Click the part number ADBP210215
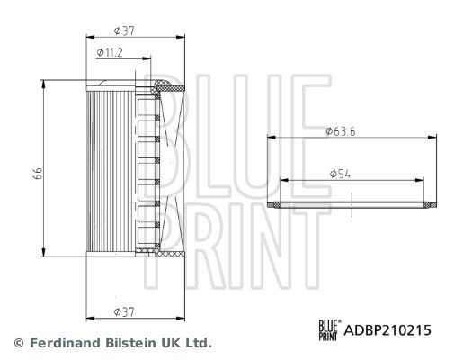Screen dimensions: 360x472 [x=389, y=330]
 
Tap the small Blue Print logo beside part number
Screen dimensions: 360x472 [x=329, y=330]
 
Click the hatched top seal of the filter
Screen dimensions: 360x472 [x=166, y=88]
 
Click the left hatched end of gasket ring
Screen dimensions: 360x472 [x=274, y=204]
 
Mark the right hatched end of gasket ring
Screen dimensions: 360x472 [x=427, y=204]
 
